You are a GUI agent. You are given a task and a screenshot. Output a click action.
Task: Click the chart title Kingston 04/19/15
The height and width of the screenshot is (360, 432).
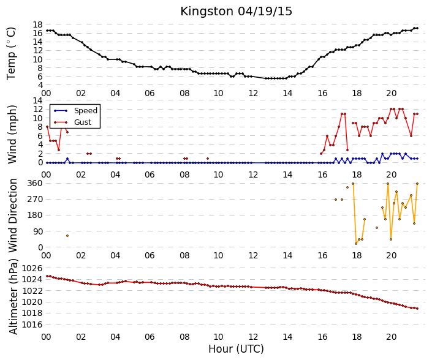tap(236, 12)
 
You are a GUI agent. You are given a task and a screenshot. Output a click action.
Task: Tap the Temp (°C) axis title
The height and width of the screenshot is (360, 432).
tap(11, 54)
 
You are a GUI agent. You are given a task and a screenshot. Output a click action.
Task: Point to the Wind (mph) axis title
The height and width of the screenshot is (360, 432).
tap(12, 135)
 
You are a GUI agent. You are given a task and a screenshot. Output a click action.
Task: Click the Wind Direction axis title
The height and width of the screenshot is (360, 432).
tap(13, 216)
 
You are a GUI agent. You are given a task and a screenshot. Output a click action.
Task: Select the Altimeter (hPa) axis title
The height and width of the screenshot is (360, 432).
tap(13, 296)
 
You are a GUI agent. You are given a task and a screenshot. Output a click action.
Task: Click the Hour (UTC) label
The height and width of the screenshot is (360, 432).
tap(236, 349)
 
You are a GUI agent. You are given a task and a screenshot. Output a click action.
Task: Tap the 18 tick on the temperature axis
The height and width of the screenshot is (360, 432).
tap(37, 24)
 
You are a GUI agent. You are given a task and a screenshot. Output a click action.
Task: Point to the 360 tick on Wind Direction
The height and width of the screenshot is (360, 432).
tap(35, 183)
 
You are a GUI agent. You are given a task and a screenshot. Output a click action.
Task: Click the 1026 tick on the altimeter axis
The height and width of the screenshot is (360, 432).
tap(32, 268)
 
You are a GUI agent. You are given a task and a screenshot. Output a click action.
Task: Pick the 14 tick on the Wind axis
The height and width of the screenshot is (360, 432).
tap(37, 100)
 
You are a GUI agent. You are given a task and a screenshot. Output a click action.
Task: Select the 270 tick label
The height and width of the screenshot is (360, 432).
tap(35, 199)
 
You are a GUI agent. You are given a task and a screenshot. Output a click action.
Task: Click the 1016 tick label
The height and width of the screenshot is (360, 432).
tap(32, 324)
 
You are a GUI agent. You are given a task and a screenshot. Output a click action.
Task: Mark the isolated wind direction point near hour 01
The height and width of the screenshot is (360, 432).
tap(67, 236)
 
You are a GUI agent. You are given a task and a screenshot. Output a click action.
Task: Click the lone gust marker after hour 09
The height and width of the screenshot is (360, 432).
tap(208, 159)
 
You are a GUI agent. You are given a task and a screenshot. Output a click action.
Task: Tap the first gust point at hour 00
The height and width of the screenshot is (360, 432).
tap(47, 127)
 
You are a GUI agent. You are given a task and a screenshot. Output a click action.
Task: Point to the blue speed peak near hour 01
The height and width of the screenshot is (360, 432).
tap(67, 159)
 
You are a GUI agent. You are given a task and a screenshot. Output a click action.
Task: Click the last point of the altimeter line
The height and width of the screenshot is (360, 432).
tap(417, 309)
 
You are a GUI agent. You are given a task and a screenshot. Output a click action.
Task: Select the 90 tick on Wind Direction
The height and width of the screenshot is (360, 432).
tap(37, 231)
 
